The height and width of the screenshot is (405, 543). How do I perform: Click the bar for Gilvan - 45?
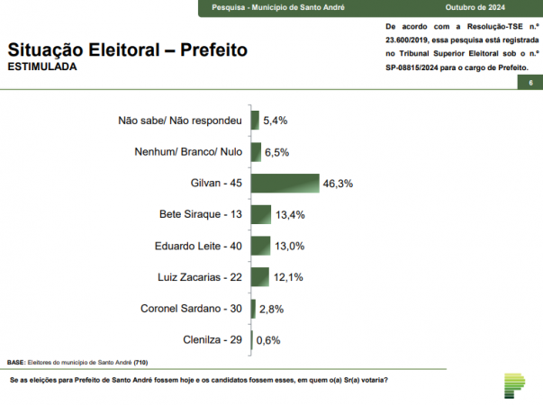click(x=285, y=183)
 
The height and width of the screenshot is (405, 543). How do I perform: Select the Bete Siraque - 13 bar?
click(x=261, y=214)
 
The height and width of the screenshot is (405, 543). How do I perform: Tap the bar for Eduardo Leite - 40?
click(x=260, y=246)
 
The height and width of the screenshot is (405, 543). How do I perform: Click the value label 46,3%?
click(x=337, y=184)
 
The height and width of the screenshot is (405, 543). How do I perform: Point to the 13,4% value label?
click(x=290, y=215)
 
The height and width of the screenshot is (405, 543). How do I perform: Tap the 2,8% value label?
click(x=272, y=309)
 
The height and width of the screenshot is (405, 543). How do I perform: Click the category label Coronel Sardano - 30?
click(x=192, y=309)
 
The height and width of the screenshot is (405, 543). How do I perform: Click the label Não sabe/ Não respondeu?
click(x=181, y=120)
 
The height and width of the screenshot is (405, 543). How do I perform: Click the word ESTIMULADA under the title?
click(x=42, y=67)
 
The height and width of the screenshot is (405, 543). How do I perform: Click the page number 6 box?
click(x=530, y=83)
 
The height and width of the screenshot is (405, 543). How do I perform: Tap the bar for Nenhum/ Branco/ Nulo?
click(x=256, y=151)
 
